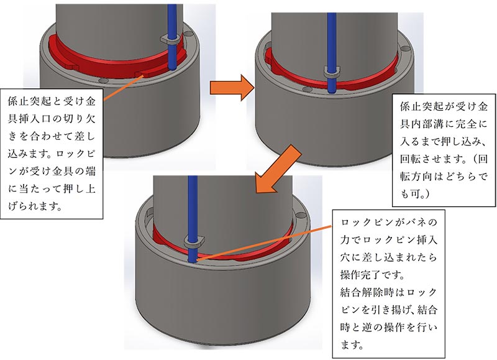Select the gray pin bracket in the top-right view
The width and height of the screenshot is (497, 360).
click(334, 69)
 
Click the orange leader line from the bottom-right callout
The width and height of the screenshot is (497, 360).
click(267, 242)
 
